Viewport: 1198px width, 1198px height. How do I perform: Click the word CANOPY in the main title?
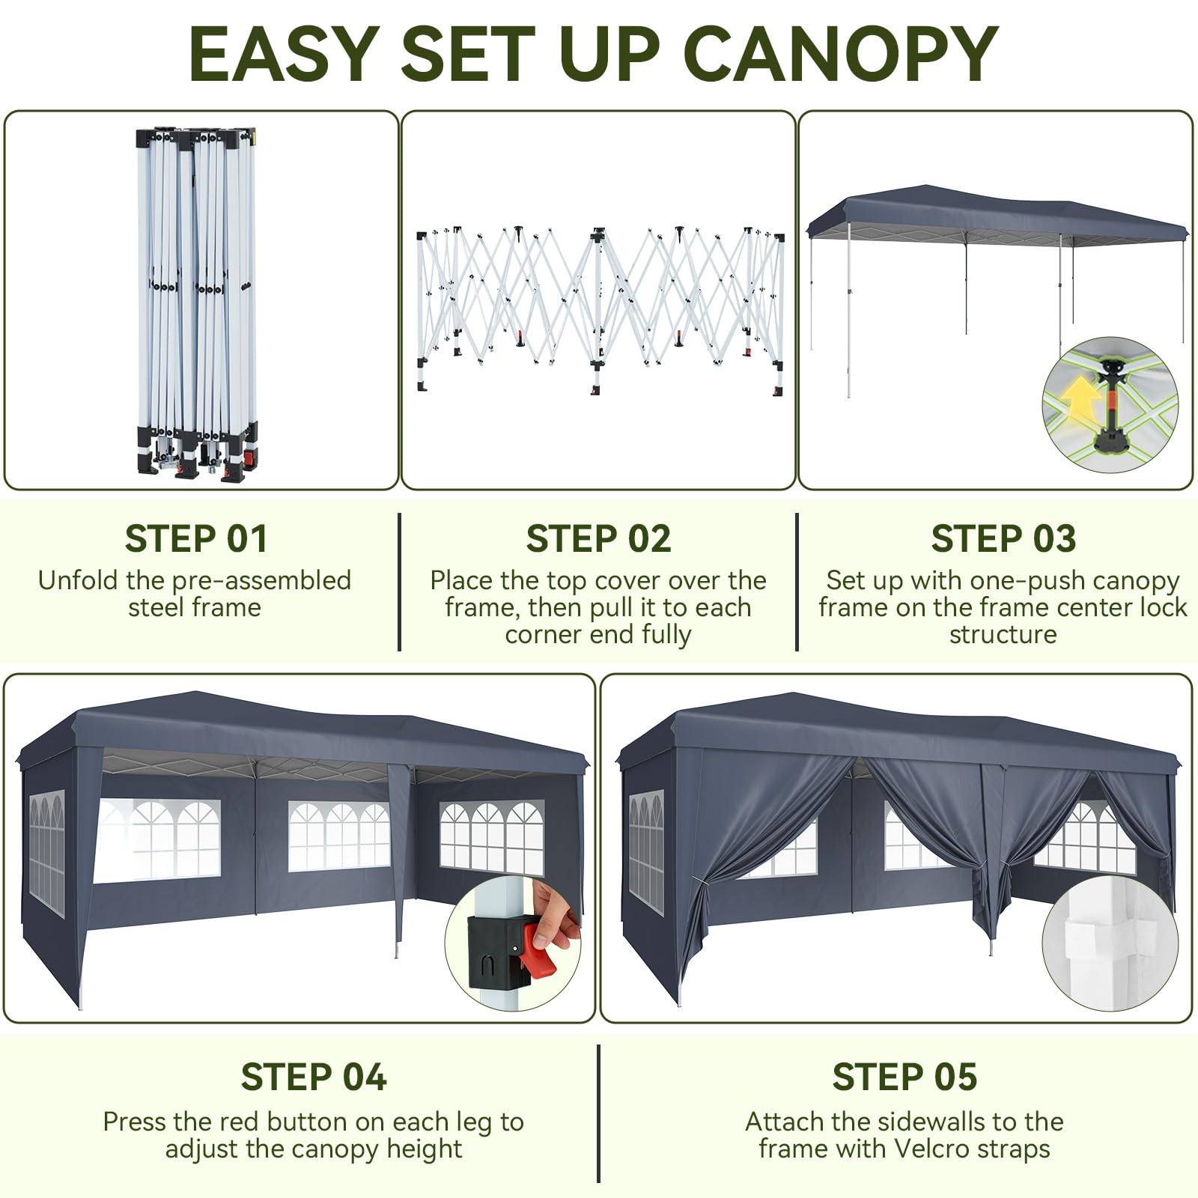[x=841, y=55]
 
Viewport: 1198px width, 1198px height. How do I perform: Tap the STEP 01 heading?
[x=196, y=539]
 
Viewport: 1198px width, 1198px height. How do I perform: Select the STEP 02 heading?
[x=598, y=539]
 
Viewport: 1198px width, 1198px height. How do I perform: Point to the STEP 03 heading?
[x=1003, y=539]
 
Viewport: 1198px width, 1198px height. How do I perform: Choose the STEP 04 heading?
[x=314, y=1077]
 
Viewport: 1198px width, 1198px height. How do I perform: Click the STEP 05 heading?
[x=904, y=1077]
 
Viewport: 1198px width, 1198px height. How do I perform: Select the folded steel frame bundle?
[x=198, y=303]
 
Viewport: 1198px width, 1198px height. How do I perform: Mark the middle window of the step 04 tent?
[x=339, y=836]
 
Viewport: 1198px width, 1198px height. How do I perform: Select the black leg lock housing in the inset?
[x=495, y=953]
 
